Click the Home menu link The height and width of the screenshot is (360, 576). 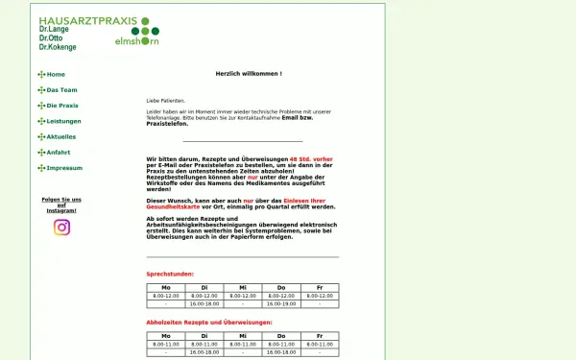[55, 74]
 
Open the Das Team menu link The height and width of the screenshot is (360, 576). [60, 89]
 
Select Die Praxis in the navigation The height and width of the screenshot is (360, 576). [61, 105]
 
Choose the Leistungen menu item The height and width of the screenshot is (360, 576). [63, 121]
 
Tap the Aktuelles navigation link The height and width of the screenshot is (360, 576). [60, 136]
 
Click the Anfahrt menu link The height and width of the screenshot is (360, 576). [58, 152]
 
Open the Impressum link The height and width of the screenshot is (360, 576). [63, 167]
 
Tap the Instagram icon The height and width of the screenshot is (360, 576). [61, 228]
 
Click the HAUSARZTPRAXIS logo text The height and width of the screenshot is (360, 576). [86, 20]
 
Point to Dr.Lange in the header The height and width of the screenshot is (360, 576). [54, 31]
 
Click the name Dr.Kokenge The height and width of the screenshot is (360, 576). [59, 46]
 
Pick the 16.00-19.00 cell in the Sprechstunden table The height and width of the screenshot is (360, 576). [280, 303]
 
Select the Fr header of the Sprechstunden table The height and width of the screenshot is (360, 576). [319, 287]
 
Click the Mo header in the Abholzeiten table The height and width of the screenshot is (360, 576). [165, 335]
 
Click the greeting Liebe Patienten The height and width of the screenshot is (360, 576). [165, 100]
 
